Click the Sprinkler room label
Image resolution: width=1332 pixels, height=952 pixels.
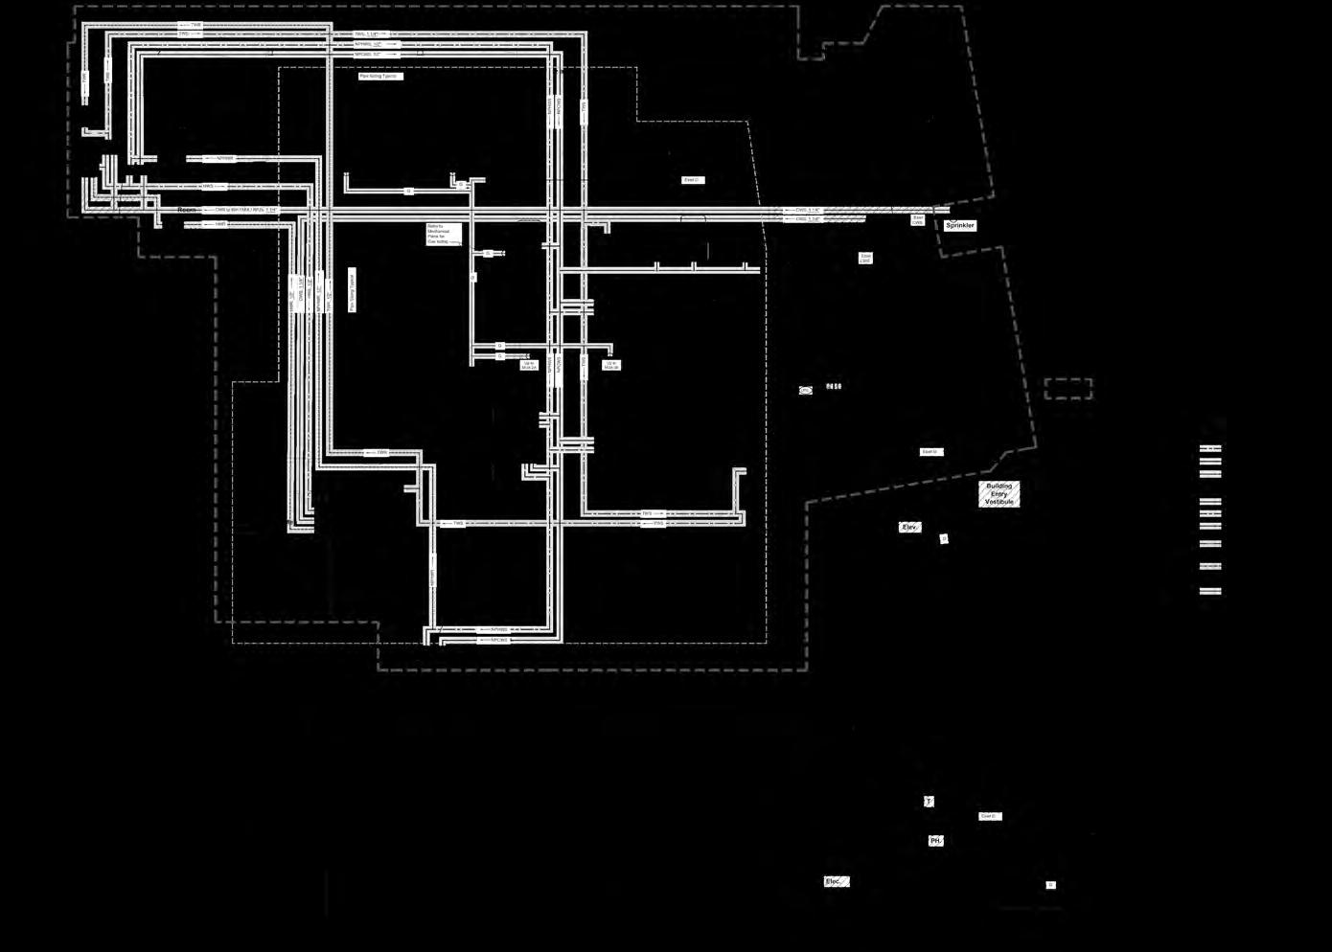[959, 226]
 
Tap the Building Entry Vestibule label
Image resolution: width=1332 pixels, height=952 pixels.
[999, 494]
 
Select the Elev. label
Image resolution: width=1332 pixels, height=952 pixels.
[909, 528]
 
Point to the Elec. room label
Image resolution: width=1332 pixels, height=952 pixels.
[836, 882]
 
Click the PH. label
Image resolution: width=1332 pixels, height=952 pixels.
[935, 841]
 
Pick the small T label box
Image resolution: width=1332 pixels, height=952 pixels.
[928, 802]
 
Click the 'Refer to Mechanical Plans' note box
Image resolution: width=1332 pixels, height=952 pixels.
[444, 235]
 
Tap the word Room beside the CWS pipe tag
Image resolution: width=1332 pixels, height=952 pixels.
[187, 210]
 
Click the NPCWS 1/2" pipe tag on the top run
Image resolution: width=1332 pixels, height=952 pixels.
[370, 55]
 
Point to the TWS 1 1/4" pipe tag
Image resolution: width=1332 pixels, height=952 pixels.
[367, 34]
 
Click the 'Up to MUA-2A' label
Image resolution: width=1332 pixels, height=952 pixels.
[528, 365]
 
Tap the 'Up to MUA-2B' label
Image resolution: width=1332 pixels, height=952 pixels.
[610, 365]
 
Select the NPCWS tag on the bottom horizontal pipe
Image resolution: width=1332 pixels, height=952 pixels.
[498, 640]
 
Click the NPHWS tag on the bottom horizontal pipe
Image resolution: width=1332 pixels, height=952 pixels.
[498, 630]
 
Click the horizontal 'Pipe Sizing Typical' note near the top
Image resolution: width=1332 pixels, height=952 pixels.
[380, 77]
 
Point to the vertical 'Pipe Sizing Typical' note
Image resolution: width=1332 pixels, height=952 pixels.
[352, 290]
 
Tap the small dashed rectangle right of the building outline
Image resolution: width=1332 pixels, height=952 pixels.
[1068, 389]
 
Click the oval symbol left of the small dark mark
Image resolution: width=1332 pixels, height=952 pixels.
[806, 390]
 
